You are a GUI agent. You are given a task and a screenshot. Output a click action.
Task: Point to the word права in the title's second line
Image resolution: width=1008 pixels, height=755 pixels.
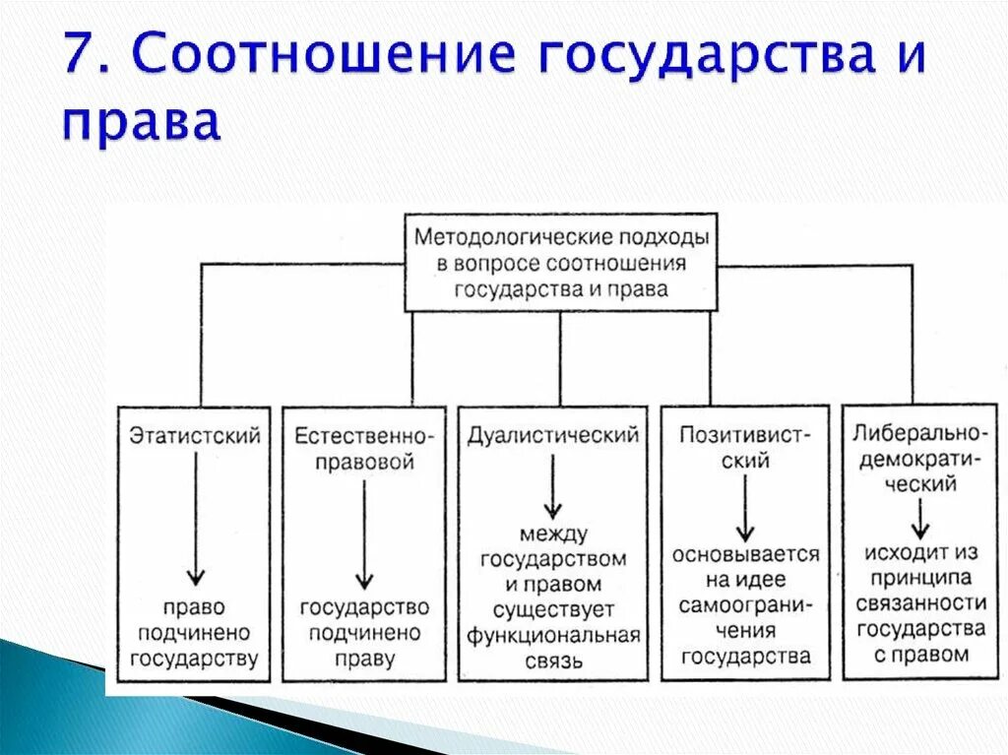[142, 124]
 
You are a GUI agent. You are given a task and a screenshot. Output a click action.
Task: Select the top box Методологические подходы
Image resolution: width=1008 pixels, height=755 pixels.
[561, 263]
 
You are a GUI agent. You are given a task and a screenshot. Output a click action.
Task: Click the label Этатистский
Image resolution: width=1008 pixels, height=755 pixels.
[195, 435]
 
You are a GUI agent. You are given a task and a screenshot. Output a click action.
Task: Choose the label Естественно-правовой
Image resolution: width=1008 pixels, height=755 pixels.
[363, 448]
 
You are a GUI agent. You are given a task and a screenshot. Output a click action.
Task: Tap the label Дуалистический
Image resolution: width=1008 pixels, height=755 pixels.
[553, 435]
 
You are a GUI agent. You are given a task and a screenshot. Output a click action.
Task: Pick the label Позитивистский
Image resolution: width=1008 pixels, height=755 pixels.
[745, 447]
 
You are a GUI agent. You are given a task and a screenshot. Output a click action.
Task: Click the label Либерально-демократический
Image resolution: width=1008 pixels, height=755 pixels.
[919, 459]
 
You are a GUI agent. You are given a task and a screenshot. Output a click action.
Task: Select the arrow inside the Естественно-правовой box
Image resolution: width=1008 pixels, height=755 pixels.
[363, 532]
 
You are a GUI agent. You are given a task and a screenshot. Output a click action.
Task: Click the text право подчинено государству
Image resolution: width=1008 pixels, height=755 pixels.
[195, 632]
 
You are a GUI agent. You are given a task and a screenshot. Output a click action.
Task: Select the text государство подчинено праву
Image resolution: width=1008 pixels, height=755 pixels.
[363, 632]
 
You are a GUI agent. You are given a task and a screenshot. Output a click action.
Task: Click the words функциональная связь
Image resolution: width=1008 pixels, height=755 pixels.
[553, 647]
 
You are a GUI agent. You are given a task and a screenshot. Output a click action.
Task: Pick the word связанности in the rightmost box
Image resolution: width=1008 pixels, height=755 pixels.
[919, 602]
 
